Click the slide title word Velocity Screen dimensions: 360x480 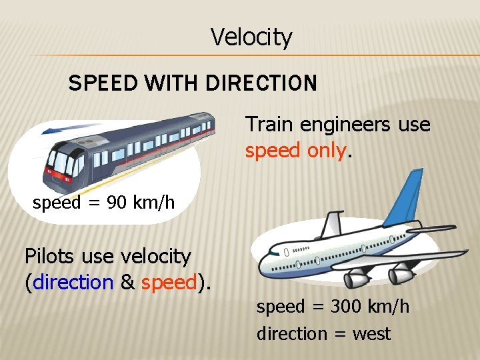click(x=251, y=37)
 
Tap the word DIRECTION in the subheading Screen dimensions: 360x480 click(x=261, y=84)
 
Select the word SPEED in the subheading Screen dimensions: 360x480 click(x=100, y=84)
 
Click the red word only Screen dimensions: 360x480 click(x=327, y=151)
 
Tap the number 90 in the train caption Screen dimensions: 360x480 click(x=116, y=203)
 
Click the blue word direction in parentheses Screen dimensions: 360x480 click(x=72, y=283)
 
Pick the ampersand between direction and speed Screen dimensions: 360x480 click(x=128, y=283)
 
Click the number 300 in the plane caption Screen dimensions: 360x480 click(x=330, y=307)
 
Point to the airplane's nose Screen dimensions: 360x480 click(x=264, y=257)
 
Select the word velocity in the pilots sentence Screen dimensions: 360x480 click(x=156, y=256)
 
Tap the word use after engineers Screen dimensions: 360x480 click(x=413, y=125)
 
